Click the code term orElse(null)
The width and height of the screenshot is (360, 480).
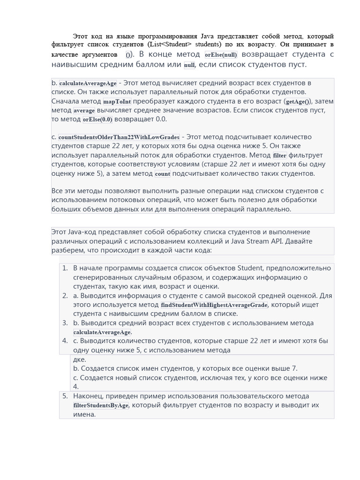pos(221,55)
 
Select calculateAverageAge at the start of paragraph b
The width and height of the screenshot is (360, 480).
pos(88,83)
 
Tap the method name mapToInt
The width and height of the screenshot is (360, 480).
pos(117,101)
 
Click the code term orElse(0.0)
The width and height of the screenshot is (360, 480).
pos(97,120)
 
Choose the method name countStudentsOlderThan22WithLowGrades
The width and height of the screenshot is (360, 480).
pos(119,137)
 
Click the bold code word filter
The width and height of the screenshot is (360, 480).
pos(279,156)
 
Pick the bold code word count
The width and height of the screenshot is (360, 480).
pos(162,174)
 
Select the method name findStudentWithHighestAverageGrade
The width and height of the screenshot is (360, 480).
pos(214,305)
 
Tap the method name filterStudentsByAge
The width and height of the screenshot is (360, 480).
pos(101,405)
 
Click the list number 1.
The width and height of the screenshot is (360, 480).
pos(65,268)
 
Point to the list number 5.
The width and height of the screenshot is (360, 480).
pos(65,396)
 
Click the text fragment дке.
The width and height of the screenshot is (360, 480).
pos(79,360)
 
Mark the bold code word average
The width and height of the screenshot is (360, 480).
pos(84,111)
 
